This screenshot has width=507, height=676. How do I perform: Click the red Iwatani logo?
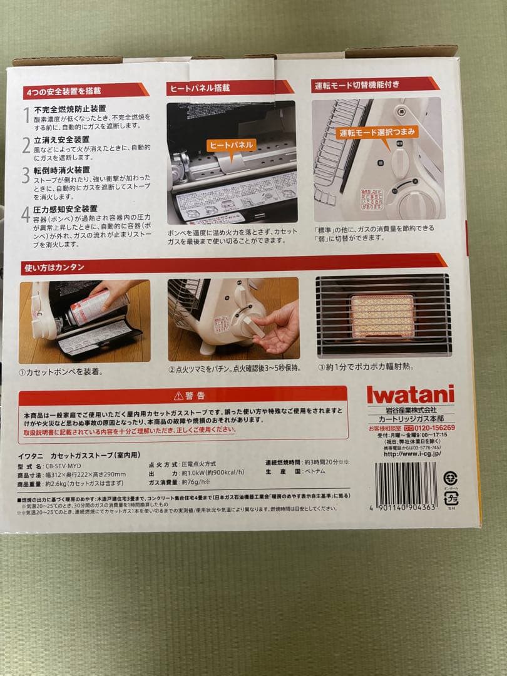click(x=410, y=397)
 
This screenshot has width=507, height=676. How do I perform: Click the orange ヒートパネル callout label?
click(x=232, y=145)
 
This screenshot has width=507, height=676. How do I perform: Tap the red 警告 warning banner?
click(x=183, y=396)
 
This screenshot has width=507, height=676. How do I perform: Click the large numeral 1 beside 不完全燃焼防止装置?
click(x=26, y=115)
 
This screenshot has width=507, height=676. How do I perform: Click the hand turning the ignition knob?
click(x=275, y=324)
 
